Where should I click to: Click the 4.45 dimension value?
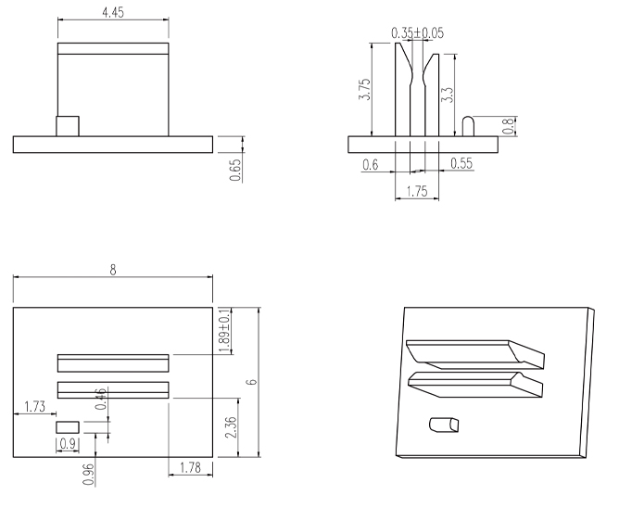click(x=113, y=12)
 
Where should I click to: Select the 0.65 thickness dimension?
click(x=235, y=169)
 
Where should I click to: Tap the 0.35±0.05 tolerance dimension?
click(x=417, y=32)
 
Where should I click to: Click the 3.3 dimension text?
click(x=448, y=95)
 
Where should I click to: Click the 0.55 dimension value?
click(x=461, y=163)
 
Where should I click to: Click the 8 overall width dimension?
click(x=113, y=270)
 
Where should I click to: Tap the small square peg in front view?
click(x=67, y=125)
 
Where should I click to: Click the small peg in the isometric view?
click(x=443, y=425)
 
